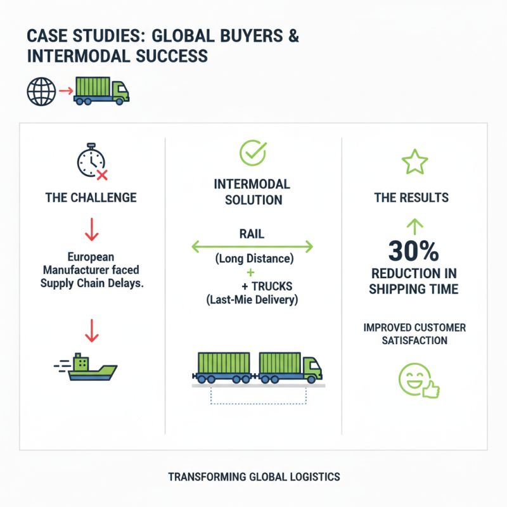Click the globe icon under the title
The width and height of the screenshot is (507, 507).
tap(37, 91)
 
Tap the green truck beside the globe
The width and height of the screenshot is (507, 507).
tap(101, 91)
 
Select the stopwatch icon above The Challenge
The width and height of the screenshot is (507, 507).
tap(91, 163)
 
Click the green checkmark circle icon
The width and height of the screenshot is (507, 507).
tap(252, 153)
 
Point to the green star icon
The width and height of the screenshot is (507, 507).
tap(415, 162)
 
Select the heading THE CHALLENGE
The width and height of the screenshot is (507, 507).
tap(91, 197)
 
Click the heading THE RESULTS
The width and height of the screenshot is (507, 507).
tap(411, 198)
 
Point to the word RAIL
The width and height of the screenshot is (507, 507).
tap(252, 234)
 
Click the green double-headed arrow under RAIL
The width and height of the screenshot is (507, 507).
tap(252, 246)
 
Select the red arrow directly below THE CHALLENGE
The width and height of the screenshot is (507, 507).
tap(91, 229)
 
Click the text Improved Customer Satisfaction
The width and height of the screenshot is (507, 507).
tap(414, 334)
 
